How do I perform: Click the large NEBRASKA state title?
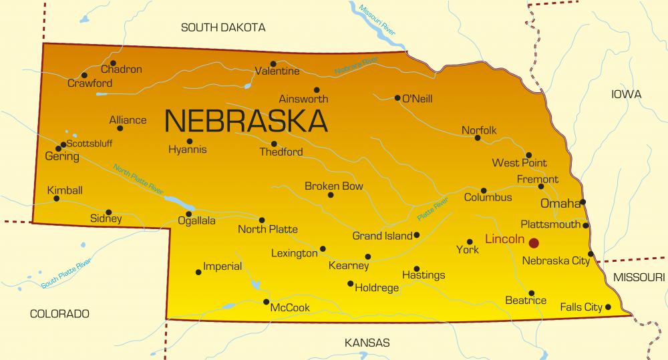tap(246, 120)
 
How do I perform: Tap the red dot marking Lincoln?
tap(534, 242)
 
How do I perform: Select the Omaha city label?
tap(560, 203)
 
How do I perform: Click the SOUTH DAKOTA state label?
tap(223, 27)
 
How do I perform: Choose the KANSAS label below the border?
tap(367, 343)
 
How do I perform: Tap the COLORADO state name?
tap(59, 313)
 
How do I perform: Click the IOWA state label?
tap(626, 94)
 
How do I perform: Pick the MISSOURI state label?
tap(639, 277)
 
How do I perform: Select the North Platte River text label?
tap(138, 180)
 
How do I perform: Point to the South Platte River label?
tap(65, 275)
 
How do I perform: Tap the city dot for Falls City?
tap(608, 307)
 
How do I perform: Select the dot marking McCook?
tap(266, 302)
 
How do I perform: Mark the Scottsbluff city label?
tap(90, 144)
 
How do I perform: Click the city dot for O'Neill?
tap(397, 98)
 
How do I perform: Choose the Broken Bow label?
tap(334, 186)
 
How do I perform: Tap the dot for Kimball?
tap(56, 198)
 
